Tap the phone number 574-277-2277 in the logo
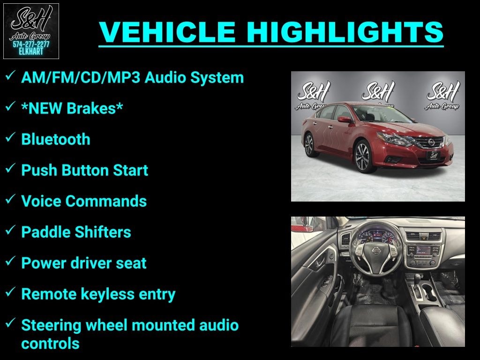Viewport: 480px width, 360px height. point(31,45)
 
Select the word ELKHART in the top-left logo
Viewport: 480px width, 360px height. point(31,52)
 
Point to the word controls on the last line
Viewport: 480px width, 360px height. point(50,343)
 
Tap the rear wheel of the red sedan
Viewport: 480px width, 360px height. point(309,144)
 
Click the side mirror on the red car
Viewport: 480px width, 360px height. point(345,120)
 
